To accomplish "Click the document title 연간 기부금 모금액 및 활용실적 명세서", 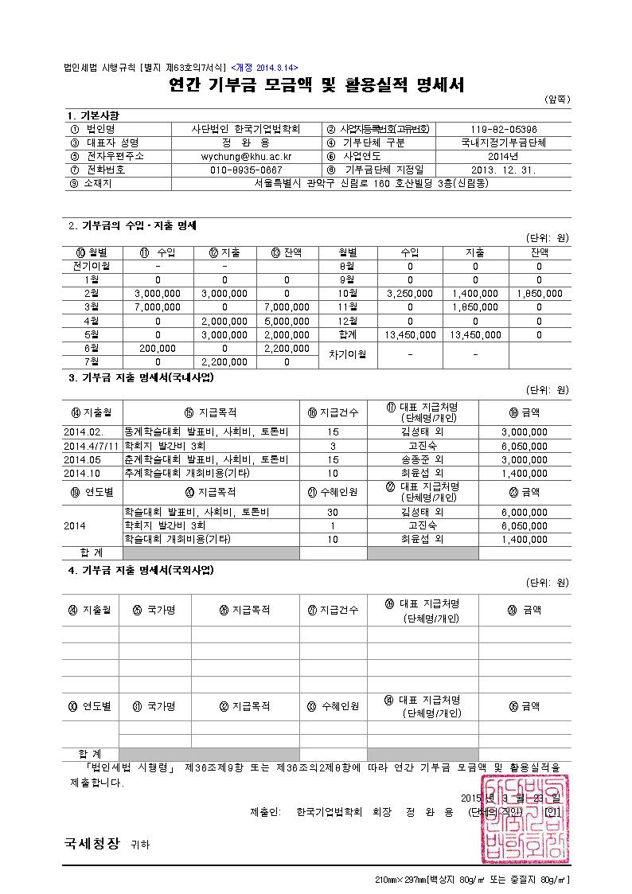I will pos(316,85).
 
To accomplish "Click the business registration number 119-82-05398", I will pos(504,129).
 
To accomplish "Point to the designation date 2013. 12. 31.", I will pos(504,170).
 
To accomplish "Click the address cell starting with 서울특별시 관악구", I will pos(371,183).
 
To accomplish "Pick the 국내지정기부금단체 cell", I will pos(504,142).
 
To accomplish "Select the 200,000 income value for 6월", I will pos(158,349).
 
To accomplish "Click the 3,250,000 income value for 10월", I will pos(410,293).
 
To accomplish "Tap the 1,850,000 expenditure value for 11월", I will pos(475,306).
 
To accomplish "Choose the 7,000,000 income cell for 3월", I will pos(158,306).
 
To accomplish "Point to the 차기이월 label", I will pos(348,354).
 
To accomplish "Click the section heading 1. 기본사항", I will pos(93,115).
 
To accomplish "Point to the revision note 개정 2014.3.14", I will pos(252,68).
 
